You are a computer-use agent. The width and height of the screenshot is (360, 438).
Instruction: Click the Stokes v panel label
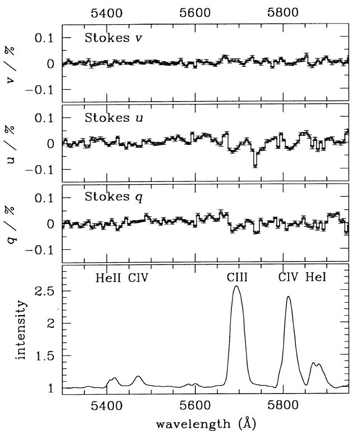(x=110, y=39)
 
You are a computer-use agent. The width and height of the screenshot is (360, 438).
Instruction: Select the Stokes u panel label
(x=110, y=118)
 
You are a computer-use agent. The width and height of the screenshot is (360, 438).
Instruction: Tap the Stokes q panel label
(x=110, y=198)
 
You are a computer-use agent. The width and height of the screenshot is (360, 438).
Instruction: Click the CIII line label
(x=238, y=277)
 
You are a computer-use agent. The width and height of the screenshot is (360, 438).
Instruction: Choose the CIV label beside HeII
(x=138, y=277)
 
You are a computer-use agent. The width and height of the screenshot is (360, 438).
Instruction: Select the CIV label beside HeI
(x=289, y=277)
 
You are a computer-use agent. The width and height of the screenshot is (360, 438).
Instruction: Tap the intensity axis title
(x=22, y=329)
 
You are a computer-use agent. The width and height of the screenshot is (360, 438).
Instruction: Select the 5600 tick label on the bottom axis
(x=195, y=404)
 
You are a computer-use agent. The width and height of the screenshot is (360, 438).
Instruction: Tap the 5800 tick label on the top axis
(x=284, y=11)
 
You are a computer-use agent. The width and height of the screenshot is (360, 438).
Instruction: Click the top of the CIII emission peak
(x=236, y=286)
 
